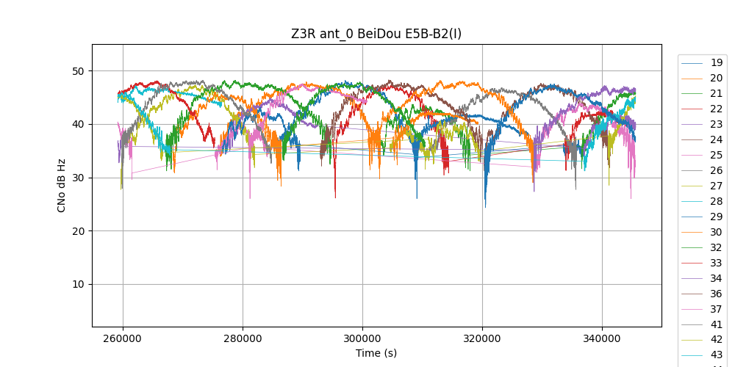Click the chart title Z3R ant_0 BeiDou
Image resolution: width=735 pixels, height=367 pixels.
pyautogui.click(x=376, y=34)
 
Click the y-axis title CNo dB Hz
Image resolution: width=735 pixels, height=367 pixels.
pyautogui.click(x=62, y=185)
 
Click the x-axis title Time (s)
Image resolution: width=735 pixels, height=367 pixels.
pyautogui.click(x=376, y=353)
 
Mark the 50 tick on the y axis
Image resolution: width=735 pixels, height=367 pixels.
pyautogui.click(x=79, y=71)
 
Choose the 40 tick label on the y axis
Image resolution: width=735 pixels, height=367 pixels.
pyautogui.click(x=79, y=125)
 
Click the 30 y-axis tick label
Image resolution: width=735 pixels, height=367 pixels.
pyautogui.click(x=79, y=178)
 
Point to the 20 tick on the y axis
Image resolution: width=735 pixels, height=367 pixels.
pyautogui.click(x=79, y=231)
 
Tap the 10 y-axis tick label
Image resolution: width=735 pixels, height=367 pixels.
pyautogui.click(x=79, y=285)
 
